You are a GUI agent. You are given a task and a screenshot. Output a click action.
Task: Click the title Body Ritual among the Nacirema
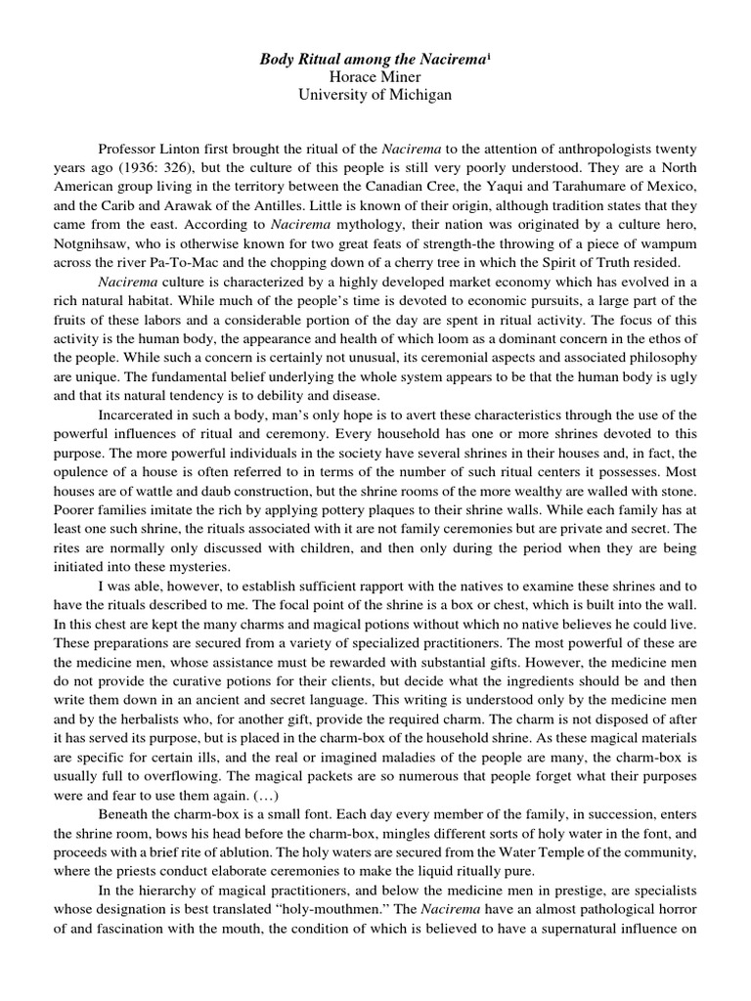(372, 60)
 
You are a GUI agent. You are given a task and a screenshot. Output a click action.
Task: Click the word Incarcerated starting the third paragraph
(143, 414)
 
